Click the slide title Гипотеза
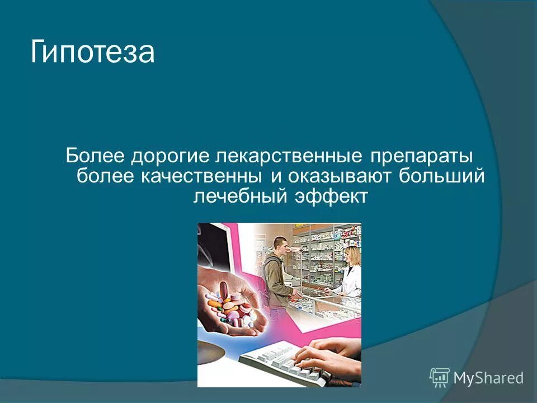92,53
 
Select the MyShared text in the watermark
488,378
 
